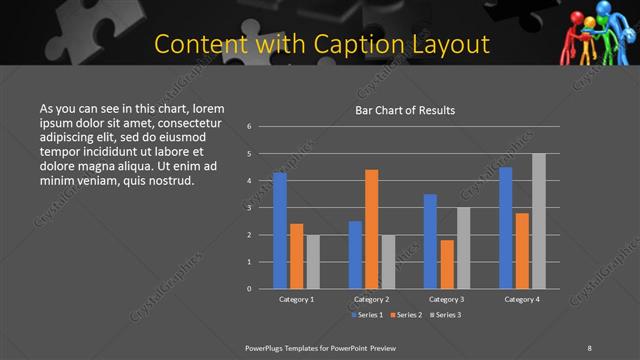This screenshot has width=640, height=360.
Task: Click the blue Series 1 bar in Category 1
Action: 280,230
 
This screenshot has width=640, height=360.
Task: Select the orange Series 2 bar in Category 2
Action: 372,229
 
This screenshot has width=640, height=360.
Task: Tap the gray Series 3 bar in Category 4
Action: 539,221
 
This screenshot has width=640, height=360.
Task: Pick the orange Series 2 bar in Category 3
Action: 447,264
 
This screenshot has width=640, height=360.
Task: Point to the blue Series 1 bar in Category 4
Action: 506,227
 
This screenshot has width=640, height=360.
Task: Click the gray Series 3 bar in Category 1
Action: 313,261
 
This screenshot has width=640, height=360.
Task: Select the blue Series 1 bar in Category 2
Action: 356,254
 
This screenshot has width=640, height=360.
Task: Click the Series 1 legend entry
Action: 367,315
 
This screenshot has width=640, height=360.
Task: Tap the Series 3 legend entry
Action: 444,315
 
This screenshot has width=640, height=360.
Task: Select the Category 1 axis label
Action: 296,299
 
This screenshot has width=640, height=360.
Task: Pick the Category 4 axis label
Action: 522,299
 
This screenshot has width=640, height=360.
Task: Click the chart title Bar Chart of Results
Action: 405,110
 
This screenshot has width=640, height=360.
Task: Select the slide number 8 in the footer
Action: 589,346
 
